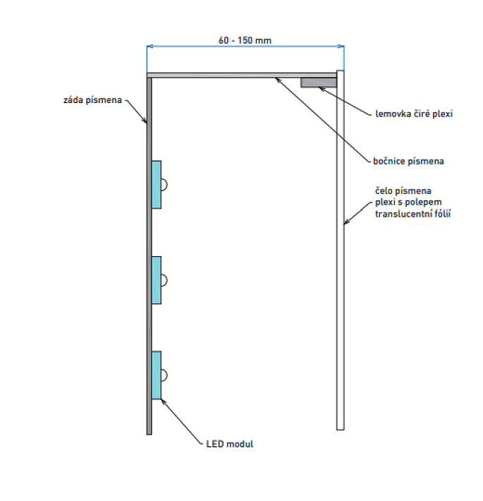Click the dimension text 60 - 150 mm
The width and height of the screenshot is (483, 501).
pos(245,40)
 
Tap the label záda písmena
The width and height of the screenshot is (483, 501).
pos(92,100)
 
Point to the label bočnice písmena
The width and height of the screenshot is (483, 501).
pos(408,161)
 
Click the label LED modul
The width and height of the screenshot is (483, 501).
pos(230,444)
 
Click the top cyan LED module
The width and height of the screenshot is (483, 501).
pos(157,184)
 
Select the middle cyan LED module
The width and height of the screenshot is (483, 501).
pos(157,280)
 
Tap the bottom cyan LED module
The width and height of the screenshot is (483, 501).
pos(157,375)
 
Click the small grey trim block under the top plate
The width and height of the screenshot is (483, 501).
pos(319,83)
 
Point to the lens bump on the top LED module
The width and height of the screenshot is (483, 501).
pos(164,185)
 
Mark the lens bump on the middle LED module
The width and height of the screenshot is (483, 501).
pos(164,280)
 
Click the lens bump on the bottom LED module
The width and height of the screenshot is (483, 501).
pos(164,375)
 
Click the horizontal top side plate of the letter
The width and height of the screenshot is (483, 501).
pos(243,74)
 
